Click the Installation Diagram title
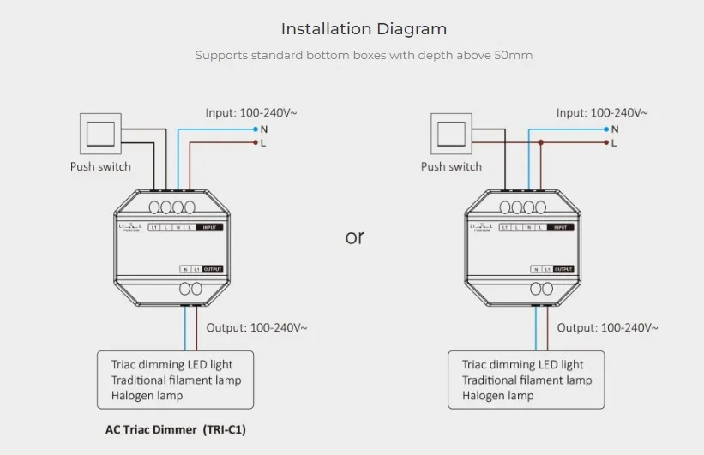[364, 29]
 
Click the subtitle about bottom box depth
[364, 56]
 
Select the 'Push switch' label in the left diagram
[100, 166]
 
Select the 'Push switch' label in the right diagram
[451, 166]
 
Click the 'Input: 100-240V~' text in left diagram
[251, 112]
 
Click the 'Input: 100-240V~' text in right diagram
[602, 112]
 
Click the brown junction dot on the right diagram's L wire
[541, 142]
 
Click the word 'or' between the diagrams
[355, 237]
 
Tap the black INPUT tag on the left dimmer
[209, 227]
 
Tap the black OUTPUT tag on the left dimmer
[212, 269]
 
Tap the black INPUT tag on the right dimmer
[560, 227]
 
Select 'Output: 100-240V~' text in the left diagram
[256, 327]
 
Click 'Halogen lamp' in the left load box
[147, 395]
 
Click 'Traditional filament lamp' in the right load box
[526, 380]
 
